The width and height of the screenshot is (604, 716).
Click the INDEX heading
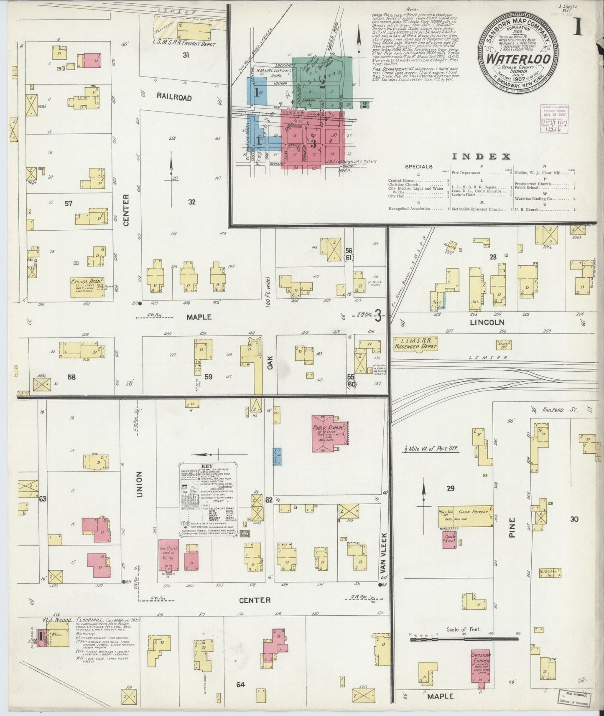pos(481,157)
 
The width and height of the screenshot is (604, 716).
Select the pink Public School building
pos(329,433)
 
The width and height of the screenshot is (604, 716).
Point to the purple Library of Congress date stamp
pos(550,115)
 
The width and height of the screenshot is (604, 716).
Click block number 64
pos(240,684)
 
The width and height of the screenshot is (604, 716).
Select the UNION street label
pos(139,484)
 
